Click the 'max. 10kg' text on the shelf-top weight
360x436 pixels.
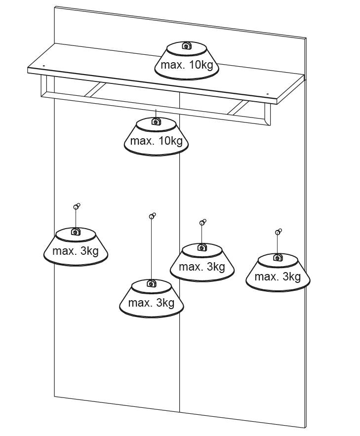[x=186, y=64]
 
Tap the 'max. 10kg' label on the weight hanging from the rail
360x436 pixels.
[x=156, y=141]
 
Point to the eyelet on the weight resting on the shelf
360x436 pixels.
[x=186, y=47]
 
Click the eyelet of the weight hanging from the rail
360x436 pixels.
[x=156, y=121]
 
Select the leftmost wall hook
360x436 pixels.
[x=76, y=206]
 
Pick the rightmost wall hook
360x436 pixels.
[x=279, y=231]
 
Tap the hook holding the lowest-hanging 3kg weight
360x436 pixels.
[x=152, y=216]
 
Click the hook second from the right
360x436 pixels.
[x=202, y=222]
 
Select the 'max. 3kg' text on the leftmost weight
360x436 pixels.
[x=76, y=251]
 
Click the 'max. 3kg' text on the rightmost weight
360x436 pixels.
[x=278, y=277]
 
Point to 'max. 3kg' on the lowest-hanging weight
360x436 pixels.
[x=151, y=303]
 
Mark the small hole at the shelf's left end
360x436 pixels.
[x=43, y=65]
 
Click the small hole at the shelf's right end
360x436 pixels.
[x=267, y=93]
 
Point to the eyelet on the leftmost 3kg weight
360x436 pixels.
[x=75, y=232]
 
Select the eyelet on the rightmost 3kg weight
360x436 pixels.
[x=278, y=257]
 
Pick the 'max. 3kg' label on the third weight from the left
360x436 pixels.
[x=201, y=267]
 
